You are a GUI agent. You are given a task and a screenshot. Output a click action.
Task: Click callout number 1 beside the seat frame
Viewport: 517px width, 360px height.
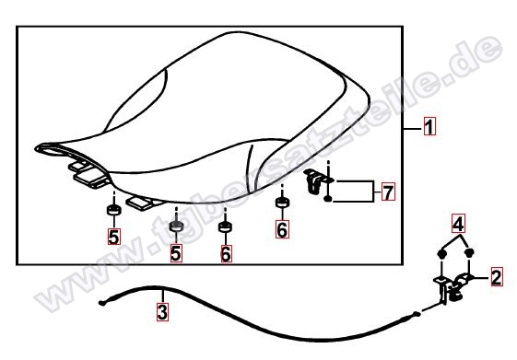[x=429, y=126]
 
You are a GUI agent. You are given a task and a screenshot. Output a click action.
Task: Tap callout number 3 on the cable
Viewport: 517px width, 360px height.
[x=162, y=311]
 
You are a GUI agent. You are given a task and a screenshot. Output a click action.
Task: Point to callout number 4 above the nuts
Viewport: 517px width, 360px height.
[x=458, y=224]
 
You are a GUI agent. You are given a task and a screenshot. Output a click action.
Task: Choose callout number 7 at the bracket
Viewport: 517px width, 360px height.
[x=388, y=192]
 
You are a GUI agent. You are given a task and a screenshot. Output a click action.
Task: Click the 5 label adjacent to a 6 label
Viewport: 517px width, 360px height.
[x=176, y=253]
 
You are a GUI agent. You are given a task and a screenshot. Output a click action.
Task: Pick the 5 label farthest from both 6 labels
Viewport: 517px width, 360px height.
[x=113, y=237]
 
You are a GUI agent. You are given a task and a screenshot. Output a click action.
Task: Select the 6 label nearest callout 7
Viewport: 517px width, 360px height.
[x=282, y=229]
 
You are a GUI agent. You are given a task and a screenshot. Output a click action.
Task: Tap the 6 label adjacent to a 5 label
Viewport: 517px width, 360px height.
[x=226, y=253]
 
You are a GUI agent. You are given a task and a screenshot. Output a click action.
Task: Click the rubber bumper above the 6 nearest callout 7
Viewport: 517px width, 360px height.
[x=282, y=202]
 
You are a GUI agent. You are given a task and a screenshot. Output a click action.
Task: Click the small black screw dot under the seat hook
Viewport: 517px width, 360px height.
[x=327, y=199]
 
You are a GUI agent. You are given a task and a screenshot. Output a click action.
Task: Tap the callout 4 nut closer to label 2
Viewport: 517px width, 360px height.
[x=469, y=252]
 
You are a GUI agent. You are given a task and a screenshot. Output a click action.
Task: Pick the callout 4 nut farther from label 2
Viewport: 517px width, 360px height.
[x=441, y=253]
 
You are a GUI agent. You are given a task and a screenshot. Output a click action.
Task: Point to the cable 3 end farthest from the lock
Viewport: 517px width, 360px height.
[x=102, y=303]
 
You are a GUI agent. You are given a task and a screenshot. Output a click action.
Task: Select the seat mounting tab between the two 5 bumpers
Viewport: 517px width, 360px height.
[x=142, y=203]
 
